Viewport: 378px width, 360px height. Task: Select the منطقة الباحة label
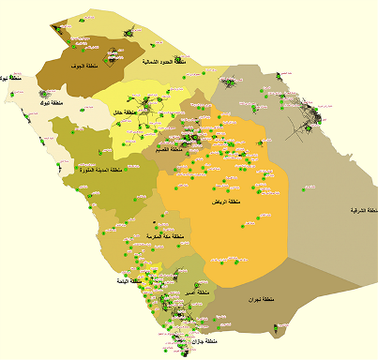(129, 281)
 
